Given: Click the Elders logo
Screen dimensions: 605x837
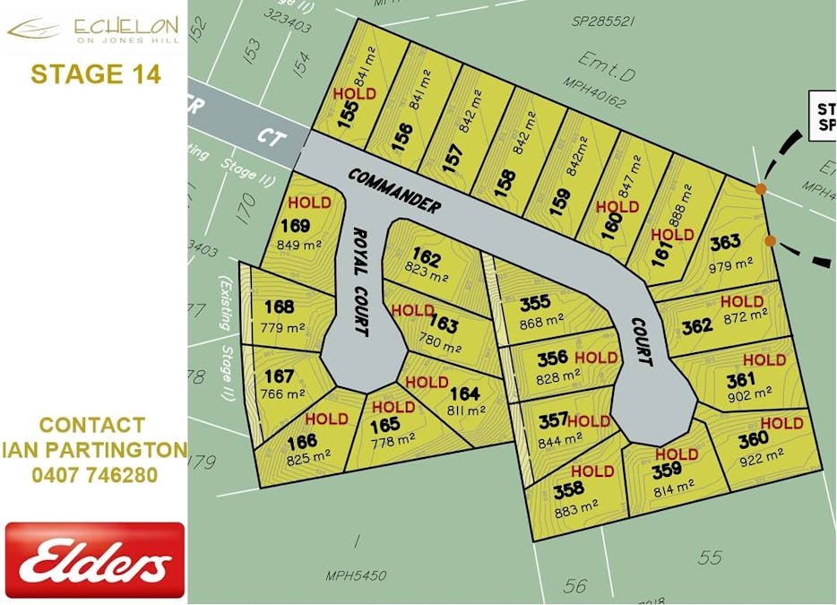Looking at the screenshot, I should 95,561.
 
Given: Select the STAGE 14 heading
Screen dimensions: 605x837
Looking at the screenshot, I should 96,73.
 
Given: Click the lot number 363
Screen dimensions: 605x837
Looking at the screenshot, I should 725,242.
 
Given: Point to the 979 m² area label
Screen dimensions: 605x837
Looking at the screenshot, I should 732,264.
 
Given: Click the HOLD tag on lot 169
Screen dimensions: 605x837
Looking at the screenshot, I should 309,203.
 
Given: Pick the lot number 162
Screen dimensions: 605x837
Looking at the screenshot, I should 427,260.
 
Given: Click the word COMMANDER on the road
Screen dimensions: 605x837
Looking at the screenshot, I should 394,189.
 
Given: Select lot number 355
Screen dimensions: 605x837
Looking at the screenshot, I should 535,303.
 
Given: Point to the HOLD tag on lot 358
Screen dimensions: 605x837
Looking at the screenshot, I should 592,471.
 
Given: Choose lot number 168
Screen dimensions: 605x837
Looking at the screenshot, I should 279,307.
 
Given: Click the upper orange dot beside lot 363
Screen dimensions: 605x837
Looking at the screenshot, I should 760,188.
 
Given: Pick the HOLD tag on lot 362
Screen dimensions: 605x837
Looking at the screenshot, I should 742,302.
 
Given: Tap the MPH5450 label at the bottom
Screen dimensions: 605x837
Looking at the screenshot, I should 356,575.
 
